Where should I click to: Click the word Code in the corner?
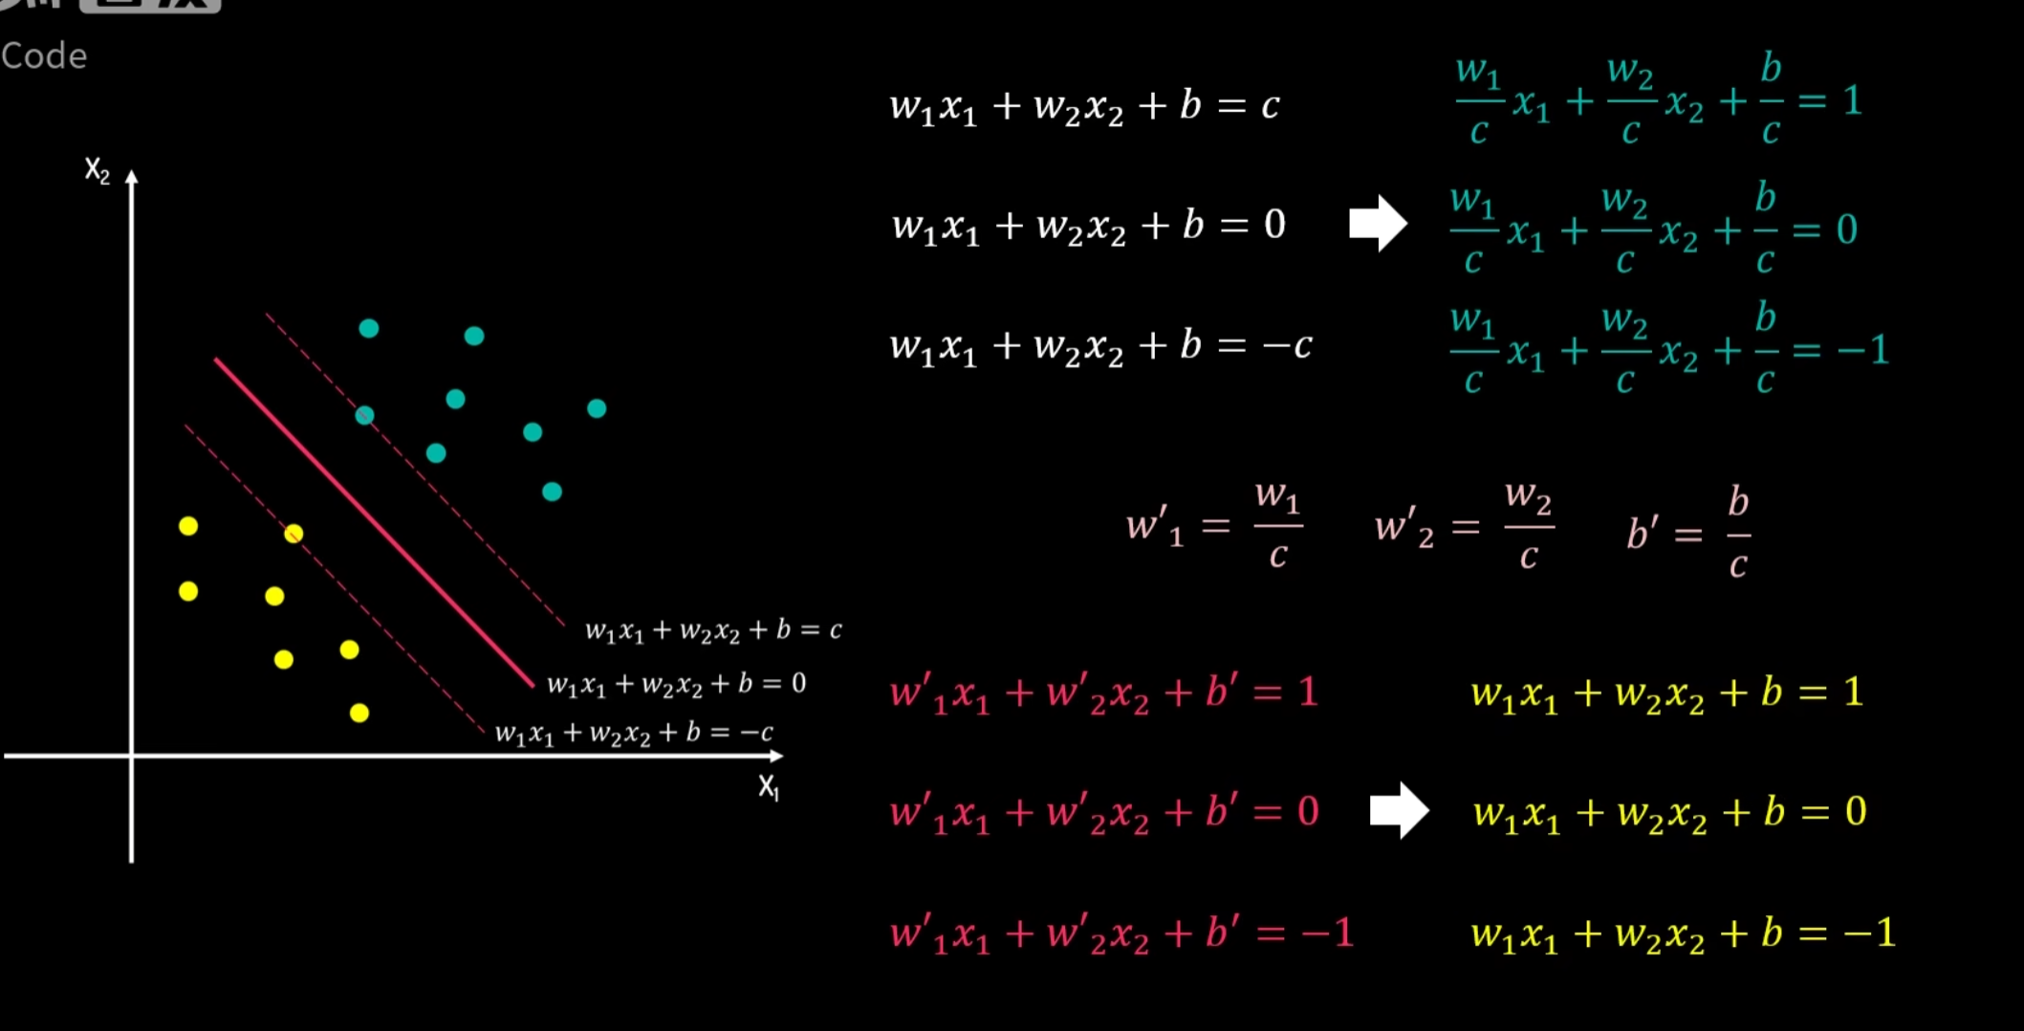click(x=44, y=56)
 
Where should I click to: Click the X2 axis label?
click(x=97, y=171)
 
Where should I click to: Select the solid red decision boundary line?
click(x=373, y=521)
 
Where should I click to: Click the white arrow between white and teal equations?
click(x=1378, y=224)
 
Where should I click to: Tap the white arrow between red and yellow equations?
click(x=1399, y=811)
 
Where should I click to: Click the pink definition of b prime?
click(x=1688, y=532)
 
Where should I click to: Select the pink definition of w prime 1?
click(x=1214, y=526)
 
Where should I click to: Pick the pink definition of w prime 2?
click(x=1464, y=526)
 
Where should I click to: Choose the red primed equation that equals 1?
click(x=1103, y=692)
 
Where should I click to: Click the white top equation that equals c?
click(x=1084, y=106)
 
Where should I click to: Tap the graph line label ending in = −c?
click(x=634, y=734)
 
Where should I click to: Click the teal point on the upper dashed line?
click(x=364, y=416)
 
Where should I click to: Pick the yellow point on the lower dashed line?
click(x=294, y=534)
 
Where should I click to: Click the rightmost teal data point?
click(x=597, y=409)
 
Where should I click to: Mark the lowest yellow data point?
click(x=359, y=713)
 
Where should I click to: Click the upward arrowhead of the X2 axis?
click(x=132, y=178)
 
